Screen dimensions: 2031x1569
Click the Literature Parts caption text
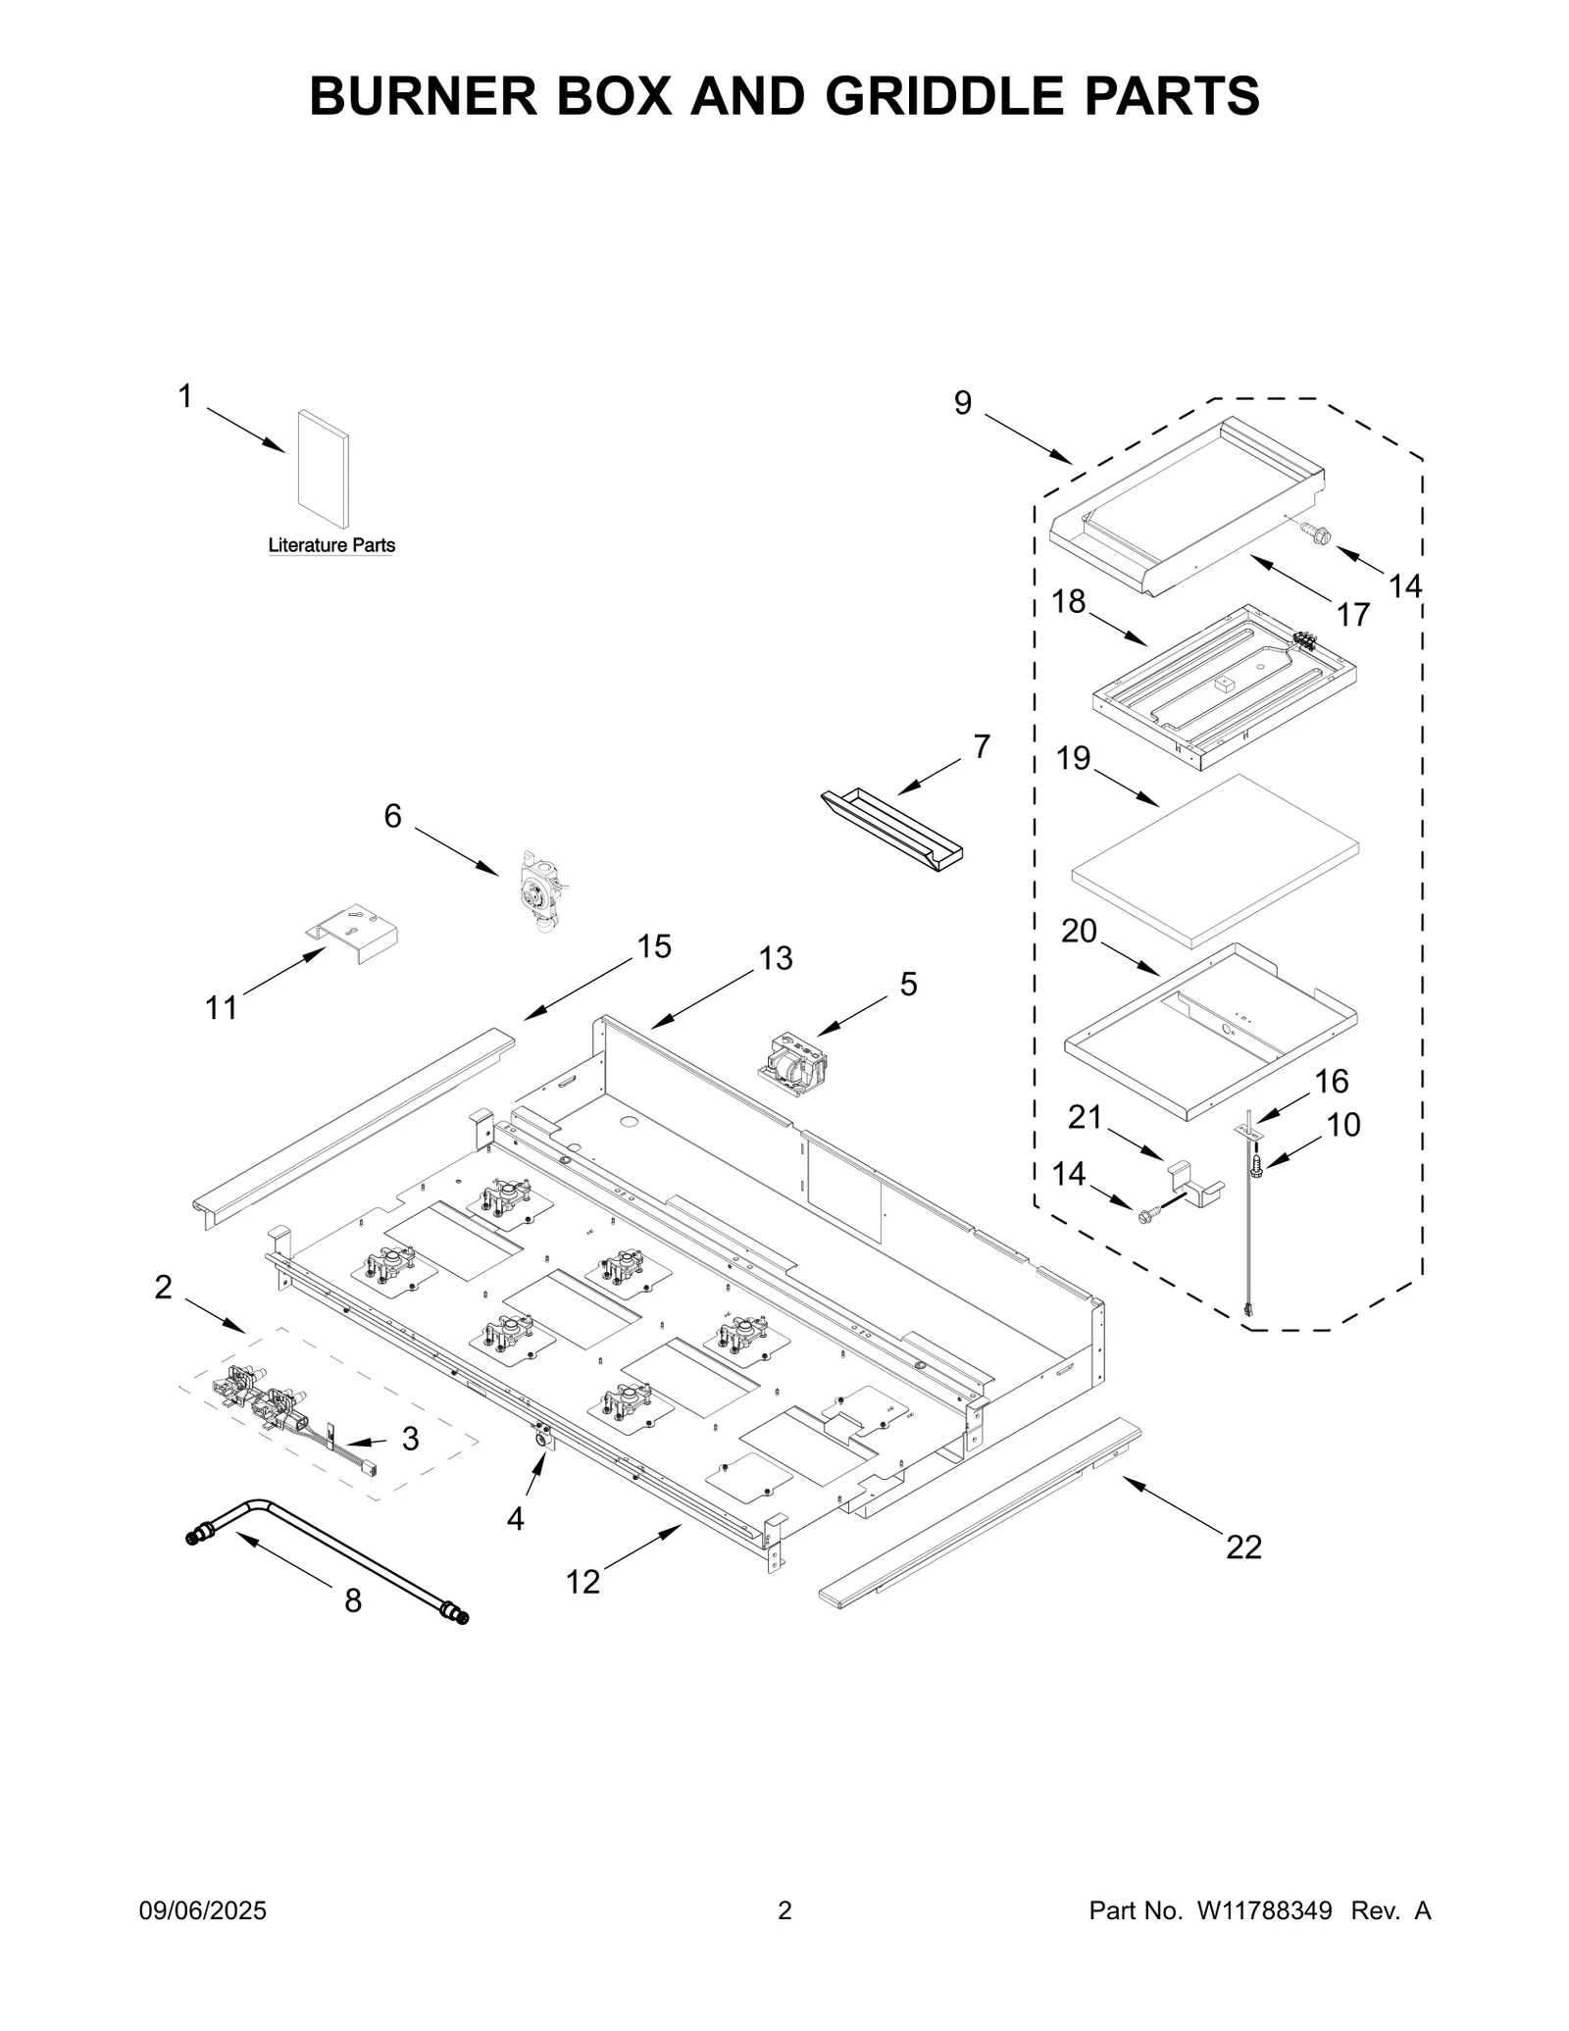331,545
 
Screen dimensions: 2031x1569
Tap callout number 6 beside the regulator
392,816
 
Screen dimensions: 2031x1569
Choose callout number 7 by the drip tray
982,746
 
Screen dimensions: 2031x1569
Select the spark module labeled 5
794,1063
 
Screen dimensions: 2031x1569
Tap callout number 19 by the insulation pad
1074,758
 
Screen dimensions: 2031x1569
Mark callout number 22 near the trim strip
1243,1547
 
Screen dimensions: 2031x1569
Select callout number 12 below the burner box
582,1581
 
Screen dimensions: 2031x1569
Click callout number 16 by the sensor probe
1331,1082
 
